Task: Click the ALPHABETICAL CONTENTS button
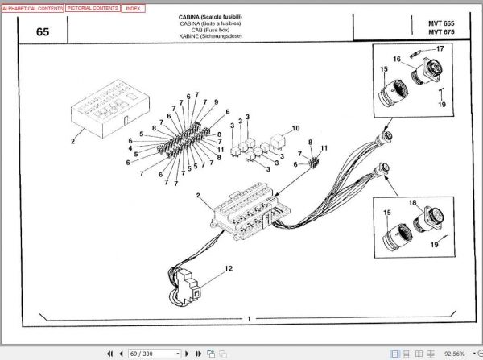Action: coord(32,7)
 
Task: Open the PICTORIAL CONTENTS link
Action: coord(93,7)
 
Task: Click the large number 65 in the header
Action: coord(43,32)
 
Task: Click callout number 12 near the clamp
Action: coord(228,267)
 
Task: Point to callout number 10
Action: coord(295,128)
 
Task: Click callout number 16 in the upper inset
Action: coord(398,59)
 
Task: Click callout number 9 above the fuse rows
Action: coord(216,101)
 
